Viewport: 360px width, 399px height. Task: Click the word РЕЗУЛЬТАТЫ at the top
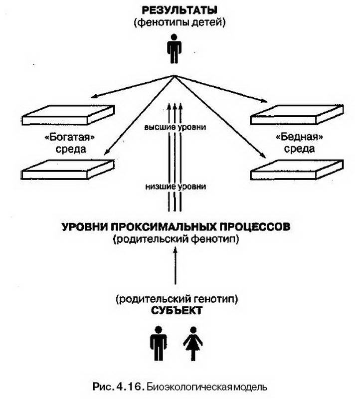click(x=180, y=10)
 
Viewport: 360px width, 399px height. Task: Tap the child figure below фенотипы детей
click(x=174, y=49)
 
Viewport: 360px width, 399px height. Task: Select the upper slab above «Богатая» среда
click(x=68, y=115)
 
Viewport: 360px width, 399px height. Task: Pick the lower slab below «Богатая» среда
click(x=68, y=170)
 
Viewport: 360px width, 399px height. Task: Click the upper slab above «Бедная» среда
click(x=297, y=115)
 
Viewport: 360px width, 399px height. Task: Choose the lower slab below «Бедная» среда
click(x=297, y=170)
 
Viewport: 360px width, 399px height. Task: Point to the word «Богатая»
click(x=69, y=137)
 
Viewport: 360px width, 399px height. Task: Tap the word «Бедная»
click(x=299, y=137)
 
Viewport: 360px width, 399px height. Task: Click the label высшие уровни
click(x=175, y=127)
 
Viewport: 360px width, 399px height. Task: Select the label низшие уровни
click(x=176, y=187)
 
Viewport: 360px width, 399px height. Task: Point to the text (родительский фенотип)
click(x=176, y=239)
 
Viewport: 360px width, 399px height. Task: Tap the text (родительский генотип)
click(x=177, y=299)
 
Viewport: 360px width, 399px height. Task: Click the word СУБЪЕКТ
click(x=177, y=310)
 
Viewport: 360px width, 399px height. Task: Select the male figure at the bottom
click(x=159, y=344)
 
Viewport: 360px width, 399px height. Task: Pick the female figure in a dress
click(x=193, y=344)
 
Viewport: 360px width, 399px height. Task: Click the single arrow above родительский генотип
click(x=175, y=266)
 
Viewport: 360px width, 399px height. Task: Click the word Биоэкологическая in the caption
click(x=189, y=388)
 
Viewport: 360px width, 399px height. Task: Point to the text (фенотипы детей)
click(x=180, y=22)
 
